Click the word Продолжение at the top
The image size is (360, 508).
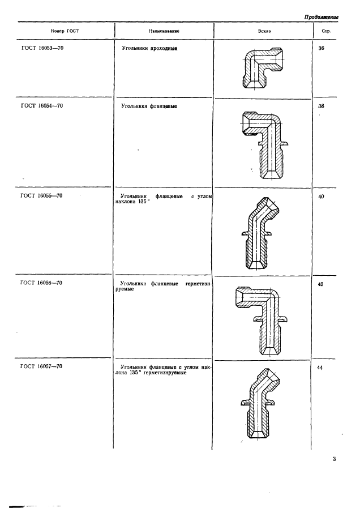click(321, 18)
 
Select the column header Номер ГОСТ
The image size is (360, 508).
click(65, 31)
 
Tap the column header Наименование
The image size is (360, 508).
click(164, 31)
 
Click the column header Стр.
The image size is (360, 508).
click(327, 32)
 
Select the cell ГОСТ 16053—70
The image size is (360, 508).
click(42, 48)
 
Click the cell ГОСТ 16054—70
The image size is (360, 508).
click(42, 106)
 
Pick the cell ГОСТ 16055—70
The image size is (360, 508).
click(41, 196)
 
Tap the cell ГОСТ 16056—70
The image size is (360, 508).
click(41, 283)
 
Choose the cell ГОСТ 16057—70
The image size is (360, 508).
click(41, 366)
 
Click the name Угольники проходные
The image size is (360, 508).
click(149, 49)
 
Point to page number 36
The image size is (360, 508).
click(321, 48)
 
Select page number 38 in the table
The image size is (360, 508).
click(321, 106)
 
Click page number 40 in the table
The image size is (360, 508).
click(321, 197)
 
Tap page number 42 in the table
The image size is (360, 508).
click(320, 284)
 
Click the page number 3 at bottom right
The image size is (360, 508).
click(334, 459)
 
